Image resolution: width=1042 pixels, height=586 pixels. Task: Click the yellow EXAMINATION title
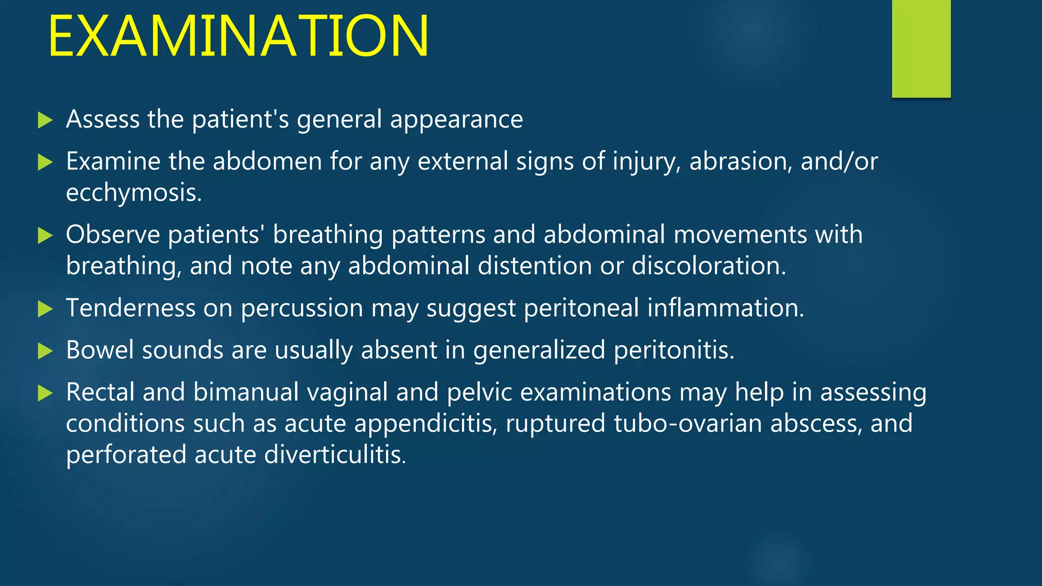[x=238, y=37]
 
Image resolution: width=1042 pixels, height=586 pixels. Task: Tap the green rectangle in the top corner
[x=921, y=48]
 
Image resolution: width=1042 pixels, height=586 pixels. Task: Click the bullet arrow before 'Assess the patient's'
[x=45, y=121]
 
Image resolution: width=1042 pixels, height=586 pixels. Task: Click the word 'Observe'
[x=113, y=235]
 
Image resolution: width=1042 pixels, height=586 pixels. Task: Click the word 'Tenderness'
[x=131, y=308]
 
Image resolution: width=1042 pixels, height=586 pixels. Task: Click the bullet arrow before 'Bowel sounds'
[x=45, y=351]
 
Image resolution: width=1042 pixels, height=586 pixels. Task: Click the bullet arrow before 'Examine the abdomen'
[x=45, y=163]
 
